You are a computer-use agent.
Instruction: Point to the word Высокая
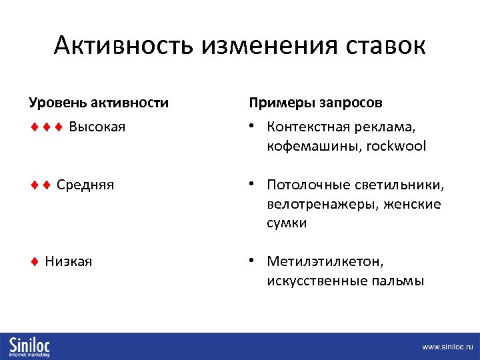97,127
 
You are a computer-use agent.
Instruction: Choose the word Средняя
85,185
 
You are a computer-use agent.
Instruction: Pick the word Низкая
69,261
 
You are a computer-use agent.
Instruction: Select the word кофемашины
311,146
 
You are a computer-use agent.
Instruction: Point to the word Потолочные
309,185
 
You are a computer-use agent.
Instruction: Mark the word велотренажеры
321,204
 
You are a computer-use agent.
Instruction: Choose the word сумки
287,223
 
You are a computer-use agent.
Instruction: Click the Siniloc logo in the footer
29,346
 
